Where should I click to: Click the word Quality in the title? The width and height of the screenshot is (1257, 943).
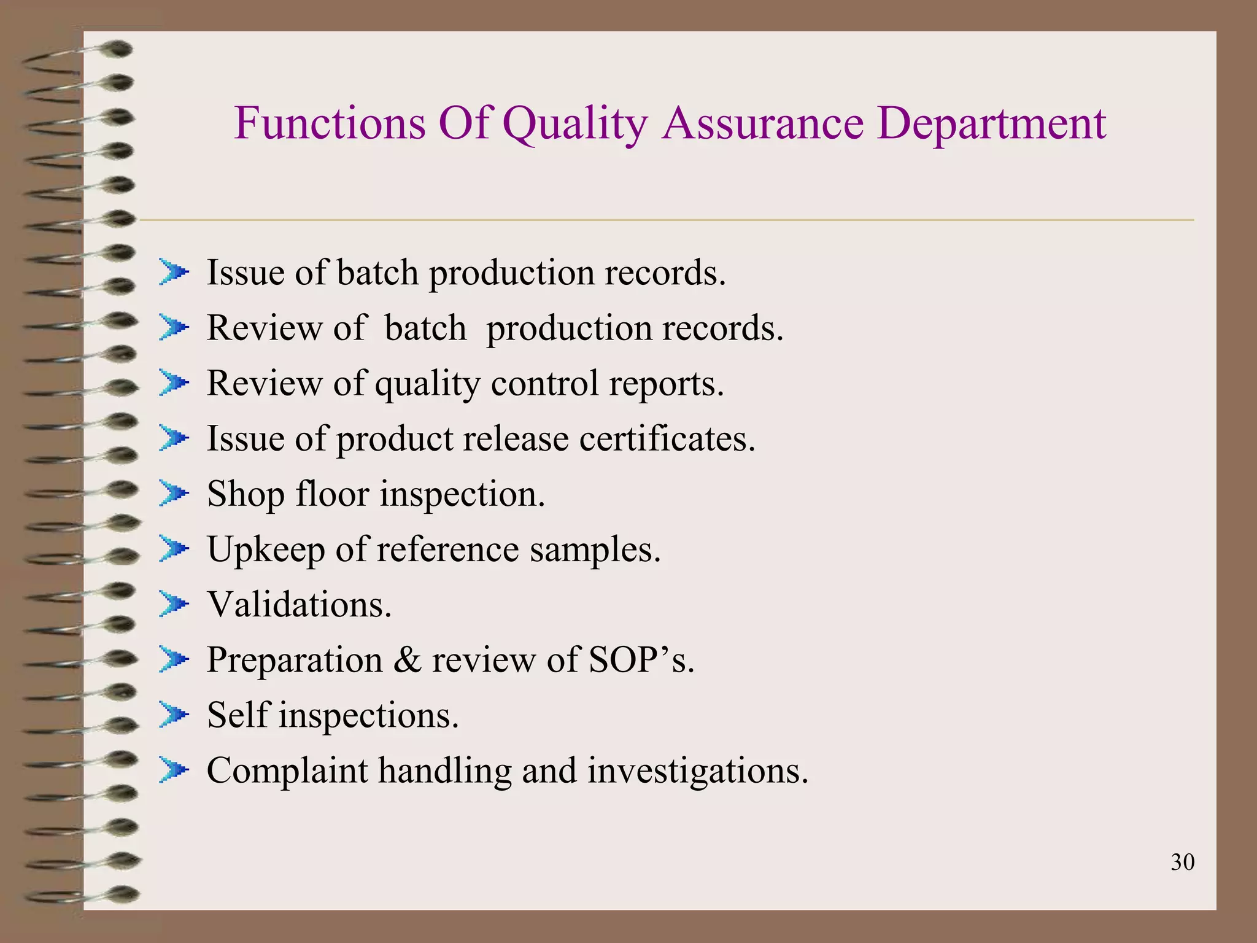click(574, 124)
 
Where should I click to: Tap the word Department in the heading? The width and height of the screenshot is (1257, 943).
click(991, 124)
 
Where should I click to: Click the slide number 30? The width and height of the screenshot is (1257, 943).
click(1182, 862)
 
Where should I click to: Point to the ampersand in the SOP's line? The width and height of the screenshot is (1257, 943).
click(407, 660)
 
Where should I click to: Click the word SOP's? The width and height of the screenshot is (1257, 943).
click(641, 660)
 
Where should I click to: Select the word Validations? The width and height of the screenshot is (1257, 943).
click(299, 605)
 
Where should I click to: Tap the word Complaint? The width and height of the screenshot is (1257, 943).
click(287, 771)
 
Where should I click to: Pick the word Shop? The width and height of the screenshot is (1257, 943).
click(246, 495)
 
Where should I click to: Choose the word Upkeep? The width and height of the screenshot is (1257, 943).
click(266, 550)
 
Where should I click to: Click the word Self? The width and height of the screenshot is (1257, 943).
click(239, 715)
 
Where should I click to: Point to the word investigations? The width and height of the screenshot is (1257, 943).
click(698, 770)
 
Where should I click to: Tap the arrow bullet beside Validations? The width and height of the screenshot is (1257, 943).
click(174, 604)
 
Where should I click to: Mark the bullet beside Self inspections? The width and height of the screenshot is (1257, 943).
click(174, 715)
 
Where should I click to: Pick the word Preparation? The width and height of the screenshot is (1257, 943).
click(295, 661)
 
